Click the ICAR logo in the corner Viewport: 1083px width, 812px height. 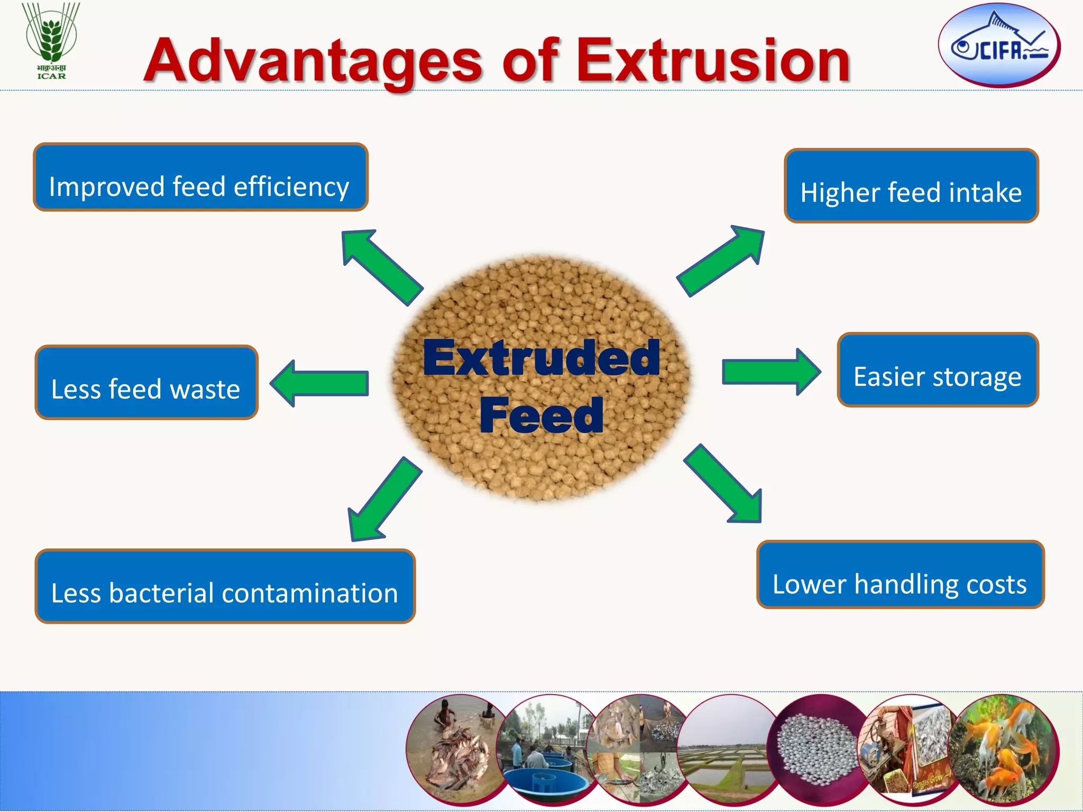pyautogui.click(x=51, y=41)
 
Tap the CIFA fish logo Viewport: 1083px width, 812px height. pyautogui.click(x=999, y=45)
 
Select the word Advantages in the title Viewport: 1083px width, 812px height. pyautogui.click(x=313, y=62)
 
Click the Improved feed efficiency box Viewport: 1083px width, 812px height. pyautogui.click(x=200, y=178)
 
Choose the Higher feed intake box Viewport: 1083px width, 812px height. pyautogui.click(x=911, y=186)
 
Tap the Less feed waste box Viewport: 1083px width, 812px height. pyautogui.click(x=146, y=383)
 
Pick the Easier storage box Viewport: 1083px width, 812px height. pyautogui.click(x=937, y=370)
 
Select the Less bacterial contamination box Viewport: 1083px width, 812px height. pyautogui.click(x=225, y=586)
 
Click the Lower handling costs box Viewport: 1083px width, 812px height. pyautogui.click(x=900, y=575)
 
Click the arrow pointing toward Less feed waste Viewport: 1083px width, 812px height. pyautogui.click(x=319, y=383)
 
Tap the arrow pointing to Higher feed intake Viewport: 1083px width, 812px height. pyautogui.click(x=722, y=260)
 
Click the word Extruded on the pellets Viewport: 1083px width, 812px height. pyautogui.click(x=541, y=358)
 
